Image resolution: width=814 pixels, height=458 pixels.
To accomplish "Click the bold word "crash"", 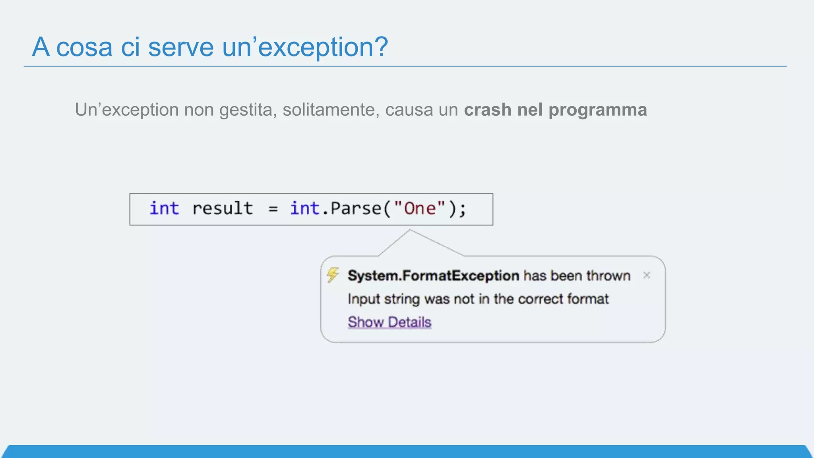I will click(487, 110).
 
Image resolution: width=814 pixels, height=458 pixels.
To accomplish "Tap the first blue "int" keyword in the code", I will click(164, 208).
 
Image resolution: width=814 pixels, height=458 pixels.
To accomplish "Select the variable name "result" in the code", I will click(223, 208).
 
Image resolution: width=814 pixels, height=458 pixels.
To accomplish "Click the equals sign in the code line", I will click(273, 209).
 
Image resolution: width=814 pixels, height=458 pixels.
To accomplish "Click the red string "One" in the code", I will click(420, 208).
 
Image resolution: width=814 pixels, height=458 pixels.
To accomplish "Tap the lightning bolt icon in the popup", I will click(333, 274).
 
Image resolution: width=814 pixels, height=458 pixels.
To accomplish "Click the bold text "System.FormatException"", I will click(433, 276).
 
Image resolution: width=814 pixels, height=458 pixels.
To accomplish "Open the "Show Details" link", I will click(390, 322).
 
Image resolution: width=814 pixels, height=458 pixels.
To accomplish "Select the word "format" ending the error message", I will click(588, 299).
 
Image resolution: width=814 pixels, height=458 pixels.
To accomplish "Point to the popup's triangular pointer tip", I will click(410, 230).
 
